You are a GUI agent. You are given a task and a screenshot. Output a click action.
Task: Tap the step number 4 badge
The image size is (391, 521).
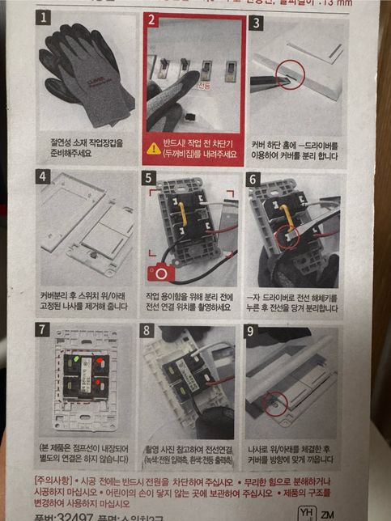point(44,176)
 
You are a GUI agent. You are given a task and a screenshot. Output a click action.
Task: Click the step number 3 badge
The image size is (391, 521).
point(257,22)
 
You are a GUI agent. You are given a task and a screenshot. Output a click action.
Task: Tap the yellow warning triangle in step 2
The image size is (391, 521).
point(153,148)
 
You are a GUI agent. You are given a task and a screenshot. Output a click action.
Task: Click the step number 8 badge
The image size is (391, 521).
point(148,330)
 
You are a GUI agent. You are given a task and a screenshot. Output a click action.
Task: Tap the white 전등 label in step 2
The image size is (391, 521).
point(200,84)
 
